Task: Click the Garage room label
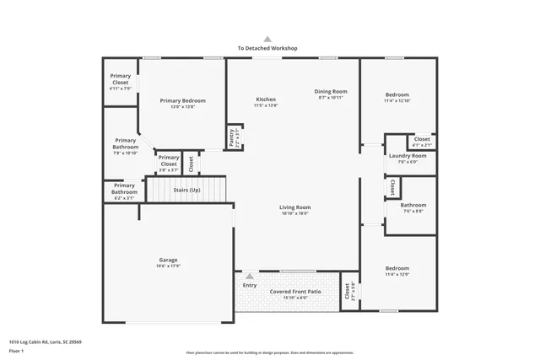[x=168, y=260]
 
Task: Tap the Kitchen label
[x=266, y=99]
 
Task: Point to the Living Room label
[x=295, y=207]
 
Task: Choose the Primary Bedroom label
[x=182, y=100]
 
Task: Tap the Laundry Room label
[x=407, y=156]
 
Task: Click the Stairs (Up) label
[x=186, y=191]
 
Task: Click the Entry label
[x=249, y=285]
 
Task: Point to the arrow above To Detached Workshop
[x=267, y=39]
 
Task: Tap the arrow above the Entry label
[x=249, y=276]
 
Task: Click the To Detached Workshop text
[x=267, y=49]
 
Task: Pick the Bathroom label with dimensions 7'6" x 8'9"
[x=413, y=205]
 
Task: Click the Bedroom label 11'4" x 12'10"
[x=397, y=94]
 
